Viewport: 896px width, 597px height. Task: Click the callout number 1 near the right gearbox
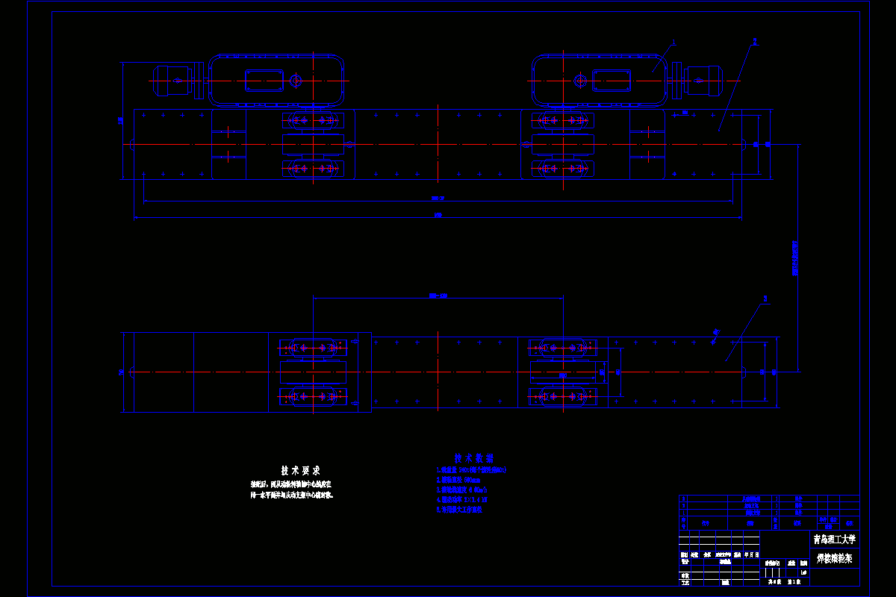673,43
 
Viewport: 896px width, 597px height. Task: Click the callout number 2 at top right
755,42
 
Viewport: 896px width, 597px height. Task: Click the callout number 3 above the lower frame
765,298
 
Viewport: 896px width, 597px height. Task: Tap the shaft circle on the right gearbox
579,80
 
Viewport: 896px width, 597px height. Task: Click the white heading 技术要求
300,471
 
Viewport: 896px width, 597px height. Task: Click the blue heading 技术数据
474,457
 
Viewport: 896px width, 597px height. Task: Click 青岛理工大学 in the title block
834,539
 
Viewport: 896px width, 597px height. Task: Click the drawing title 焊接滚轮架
834,557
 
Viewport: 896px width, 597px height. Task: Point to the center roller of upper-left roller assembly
313,144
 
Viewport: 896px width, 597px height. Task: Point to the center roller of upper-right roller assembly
562,144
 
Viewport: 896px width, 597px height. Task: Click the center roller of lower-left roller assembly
313,372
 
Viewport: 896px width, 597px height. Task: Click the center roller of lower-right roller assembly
562,371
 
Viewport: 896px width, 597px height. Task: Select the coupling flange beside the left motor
199,80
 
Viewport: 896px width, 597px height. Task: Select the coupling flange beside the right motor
677,80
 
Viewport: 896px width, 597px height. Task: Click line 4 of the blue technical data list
462,500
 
